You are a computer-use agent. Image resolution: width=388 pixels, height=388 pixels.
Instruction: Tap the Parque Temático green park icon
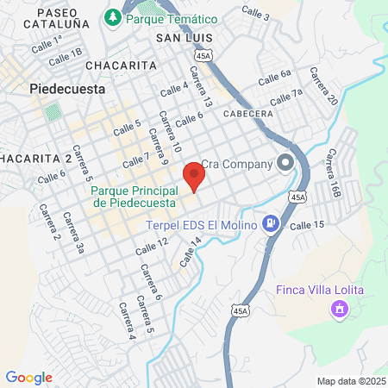(x=112, y=16)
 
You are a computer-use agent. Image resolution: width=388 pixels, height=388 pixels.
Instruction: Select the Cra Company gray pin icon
(x=285, y=163)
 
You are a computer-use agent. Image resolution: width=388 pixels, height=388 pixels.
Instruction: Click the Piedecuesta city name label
(x=67, y=88)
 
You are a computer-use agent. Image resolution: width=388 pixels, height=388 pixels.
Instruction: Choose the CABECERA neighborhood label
(x=247, y=113)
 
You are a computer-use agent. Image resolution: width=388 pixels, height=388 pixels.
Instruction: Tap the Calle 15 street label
(x=307, y=224)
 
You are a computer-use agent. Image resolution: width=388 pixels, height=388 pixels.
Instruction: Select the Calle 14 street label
(x=191, y=251)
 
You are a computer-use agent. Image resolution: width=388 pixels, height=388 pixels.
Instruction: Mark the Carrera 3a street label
(x=79, y=235)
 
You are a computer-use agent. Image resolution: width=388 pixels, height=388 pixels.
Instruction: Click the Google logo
(x=28, y=377)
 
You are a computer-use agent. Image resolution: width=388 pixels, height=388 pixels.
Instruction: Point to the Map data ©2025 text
(x=350, y=381)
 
